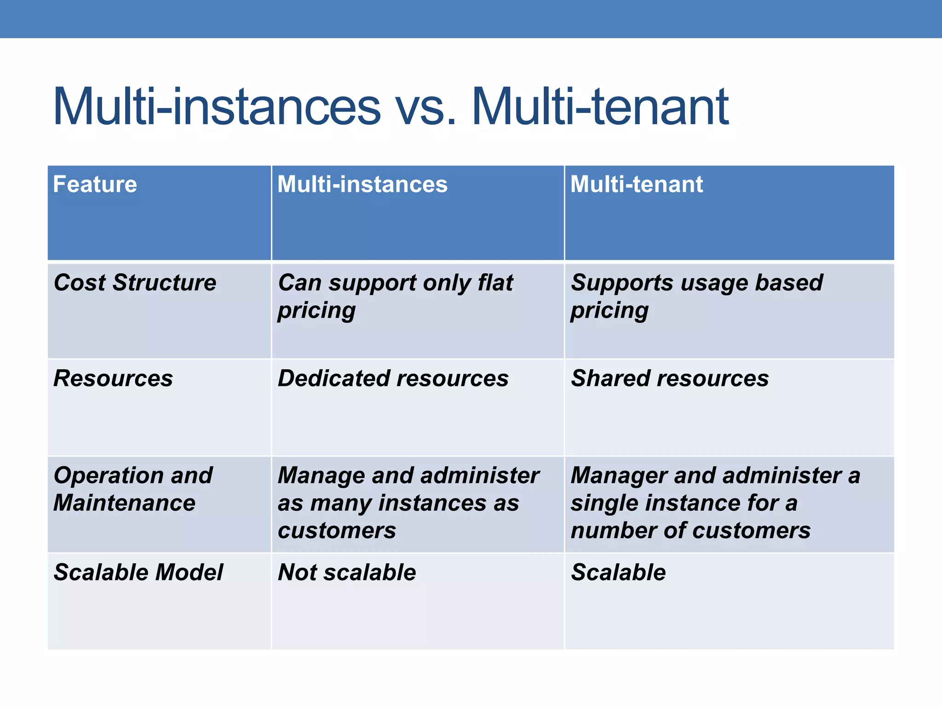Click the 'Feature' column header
(x=95, y=185)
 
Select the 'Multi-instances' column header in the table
(x=362, y=185)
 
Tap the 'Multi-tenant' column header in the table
(x=637, y=185)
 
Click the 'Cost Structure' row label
(x=135, y=283)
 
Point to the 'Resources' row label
(x=113, y=378)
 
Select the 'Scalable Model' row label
(x=138, y=573)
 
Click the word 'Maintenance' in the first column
(x=124, y=503)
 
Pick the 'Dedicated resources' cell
(x=393, y=378)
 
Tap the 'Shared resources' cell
(x=670, y=378)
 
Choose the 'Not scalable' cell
(x=347, y=573)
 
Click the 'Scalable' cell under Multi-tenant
(x=618, y=573)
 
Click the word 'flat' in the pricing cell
(x=495, y=283)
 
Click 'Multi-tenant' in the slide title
(x=600, y=107)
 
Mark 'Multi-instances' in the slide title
(x=217, y=107)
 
